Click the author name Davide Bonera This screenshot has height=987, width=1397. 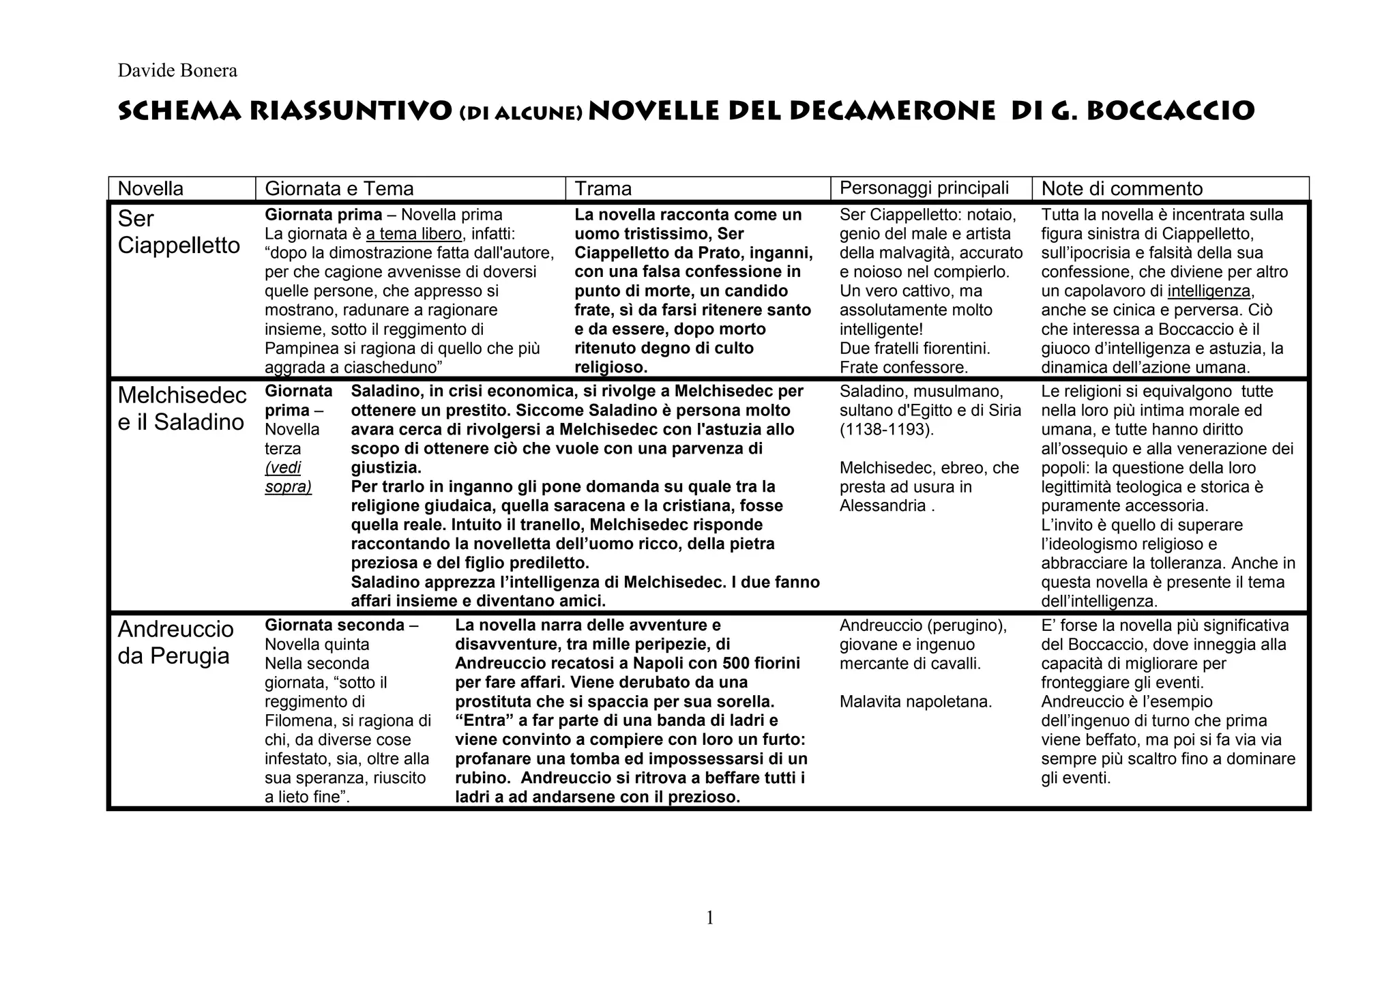(x=177, y=70)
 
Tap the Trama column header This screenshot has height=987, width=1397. (x=603, y=188)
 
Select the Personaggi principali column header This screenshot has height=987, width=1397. (x=924, y=188)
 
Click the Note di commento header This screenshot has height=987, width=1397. (x=1121, y=188)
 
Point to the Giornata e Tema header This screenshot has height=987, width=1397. (x=339, y=188)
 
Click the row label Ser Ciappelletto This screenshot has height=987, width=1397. (x=178, y=232)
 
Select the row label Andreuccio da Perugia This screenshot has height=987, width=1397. (x=175, y=642)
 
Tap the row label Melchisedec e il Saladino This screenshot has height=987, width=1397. (x=181, y=408)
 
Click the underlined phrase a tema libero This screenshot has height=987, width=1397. (x=414, y=234)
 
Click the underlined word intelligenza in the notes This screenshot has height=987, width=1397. (x=1209, y=291)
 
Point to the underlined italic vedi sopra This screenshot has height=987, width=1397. (x=287, y=477)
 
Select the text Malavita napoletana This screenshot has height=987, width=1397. (x=915, y=701)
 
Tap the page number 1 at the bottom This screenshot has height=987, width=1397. (x=709, y=918)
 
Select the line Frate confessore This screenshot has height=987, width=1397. (x=903, y=368)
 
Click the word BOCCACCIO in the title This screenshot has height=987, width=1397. (x=1171, y=111)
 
